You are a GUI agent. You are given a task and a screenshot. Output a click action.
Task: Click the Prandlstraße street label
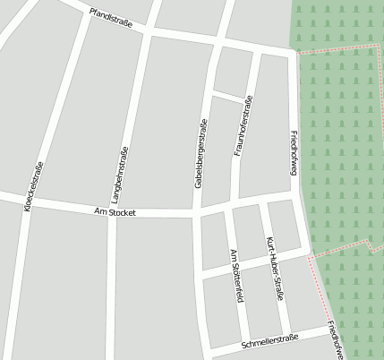pos(111,18)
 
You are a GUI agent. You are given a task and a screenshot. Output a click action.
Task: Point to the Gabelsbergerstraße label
pos(201,153)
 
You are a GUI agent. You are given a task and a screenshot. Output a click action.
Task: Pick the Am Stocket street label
pos(115,211)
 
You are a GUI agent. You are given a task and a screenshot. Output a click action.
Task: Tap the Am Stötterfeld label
pos(237,276)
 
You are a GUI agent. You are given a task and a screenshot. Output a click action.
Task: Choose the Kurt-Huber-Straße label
pos(276,268)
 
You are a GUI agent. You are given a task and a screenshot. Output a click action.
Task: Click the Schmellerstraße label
pos(269,341)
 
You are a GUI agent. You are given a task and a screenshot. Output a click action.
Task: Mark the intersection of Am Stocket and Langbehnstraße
pos(111,212)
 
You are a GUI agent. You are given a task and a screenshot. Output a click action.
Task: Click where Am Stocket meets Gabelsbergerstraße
pos(196,214)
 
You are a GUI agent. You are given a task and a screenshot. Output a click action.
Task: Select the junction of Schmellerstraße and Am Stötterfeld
pos(246,345)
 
